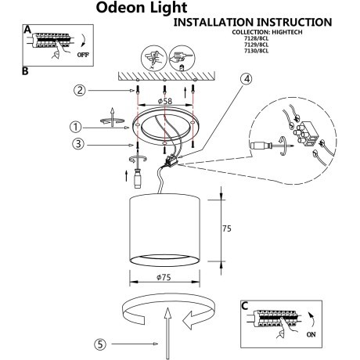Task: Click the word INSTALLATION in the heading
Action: (x=218, y=23)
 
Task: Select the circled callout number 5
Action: (x=101, y=343)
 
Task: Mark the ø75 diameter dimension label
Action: (x=164, y=276)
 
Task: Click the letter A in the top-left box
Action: (x=27, y=29)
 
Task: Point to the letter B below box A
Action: (x=25, y=71)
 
